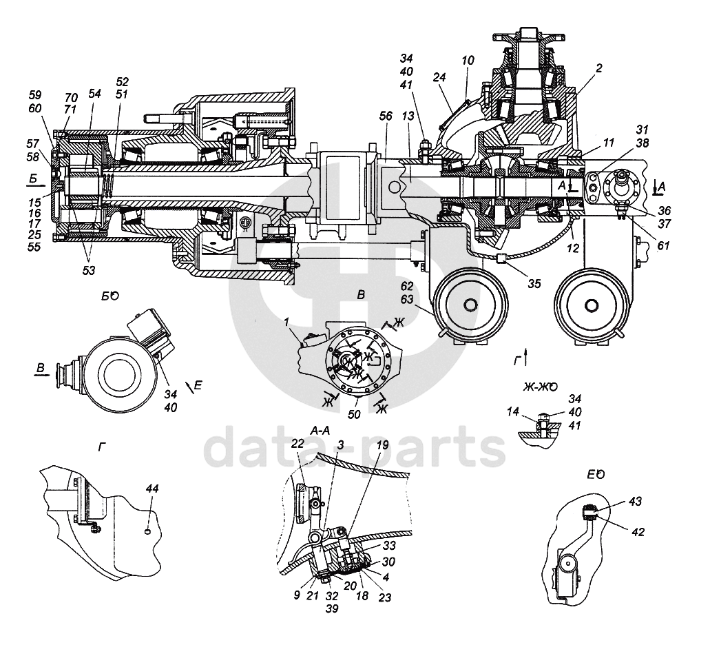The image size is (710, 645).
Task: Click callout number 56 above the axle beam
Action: click(386, 116)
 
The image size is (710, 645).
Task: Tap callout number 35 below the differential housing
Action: click(534, 283)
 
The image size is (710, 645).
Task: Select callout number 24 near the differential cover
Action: click(439, 77)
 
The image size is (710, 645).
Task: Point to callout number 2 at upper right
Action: click(599, 68)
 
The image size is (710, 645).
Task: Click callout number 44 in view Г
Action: click(152, 489)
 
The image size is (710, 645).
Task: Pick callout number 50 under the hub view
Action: click(354, 414)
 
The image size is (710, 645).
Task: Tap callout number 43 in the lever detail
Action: click(636, 502)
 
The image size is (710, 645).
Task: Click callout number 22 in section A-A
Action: click(297, 444)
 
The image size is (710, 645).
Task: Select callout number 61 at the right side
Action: click(663, 246)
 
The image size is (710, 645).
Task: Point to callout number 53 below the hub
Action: click(89, 270)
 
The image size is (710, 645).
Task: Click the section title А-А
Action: click(320, 431)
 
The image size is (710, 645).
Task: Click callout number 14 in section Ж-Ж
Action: click(512, 411)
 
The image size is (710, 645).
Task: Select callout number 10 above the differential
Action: click(468, 60)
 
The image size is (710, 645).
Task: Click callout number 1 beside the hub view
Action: click(286, 322)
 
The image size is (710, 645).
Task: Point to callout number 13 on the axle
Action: click(408, 116)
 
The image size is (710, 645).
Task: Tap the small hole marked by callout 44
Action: click(148, 531)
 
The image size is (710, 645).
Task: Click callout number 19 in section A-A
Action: click(383, 445)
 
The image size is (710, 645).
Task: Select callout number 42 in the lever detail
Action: click(638, 532)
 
